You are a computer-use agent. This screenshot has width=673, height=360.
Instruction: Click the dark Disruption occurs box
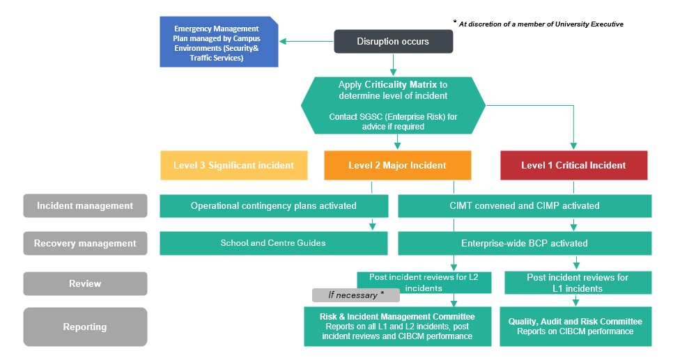pos(393,42)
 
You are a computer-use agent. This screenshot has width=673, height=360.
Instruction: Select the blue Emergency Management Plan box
pos(219,42)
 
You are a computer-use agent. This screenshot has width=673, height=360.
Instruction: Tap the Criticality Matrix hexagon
pos(393,105)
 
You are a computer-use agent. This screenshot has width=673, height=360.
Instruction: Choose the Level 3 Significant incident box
pos(233,166)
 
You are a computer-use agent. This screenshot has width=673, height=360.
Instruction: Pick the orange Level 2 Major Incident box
pos(397,166)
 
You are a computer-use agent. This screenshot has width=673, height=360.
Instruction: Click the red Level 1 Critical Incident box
pos(573,166)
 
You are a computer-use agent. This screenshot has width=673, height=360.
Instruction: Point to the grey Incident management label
pos(85,206)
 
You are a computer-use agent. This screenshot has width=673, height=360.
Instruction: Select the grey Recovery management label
pos(85,244)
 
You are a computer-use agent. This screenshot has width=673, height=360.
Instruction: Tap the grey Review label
pos(85,283)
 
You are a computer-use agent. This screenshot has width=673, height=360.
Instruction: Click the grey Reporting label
pos(85,327)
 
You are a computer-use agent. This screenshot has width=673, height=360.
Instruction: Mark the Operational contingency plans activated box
pos(274,206)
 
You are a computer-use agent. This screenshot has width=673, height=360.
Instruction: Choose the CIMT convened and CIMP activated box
pos(525,206)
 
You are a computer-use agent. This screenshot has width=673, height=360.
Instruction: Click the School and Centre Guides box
pos(274,244)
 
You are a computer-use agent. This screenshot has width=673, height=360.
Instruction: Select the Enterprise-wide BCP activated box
pos(525,244)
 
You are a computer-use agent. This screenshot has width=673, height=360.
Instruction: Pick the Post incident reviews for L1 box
pos(577,283)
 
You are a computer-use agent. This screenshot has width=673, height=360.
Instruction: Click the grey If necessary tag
pos(355,295)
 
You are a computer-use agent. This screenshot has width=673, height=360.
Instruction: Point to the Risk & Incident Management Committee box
pos(397,327)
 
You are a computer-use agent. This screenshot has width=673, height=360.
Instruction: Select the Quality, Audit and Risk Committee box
pos(575,327)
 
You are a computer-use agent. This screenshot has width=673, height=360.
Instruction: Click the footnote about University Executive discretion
pos(540,24)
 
